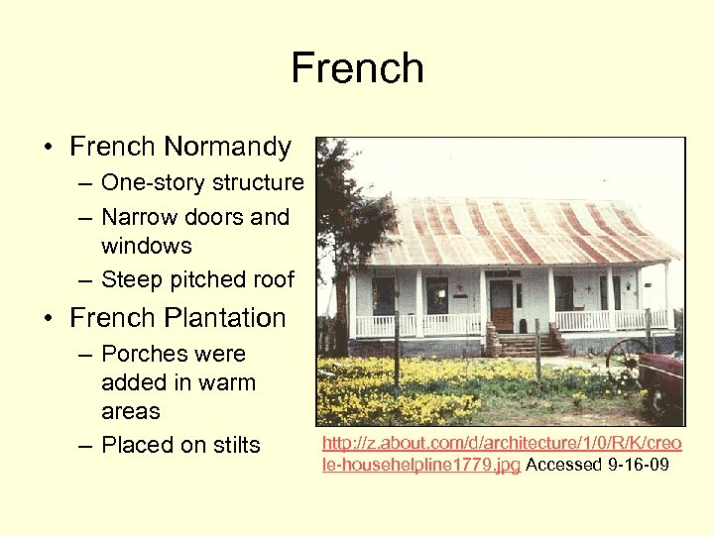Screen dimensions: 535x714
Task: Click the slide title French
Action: coord(357,69)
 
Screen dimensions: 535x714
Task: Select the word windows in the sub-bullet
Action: coord(146,246)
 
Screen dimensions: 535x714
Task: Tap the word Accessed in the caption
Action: coord(564,464)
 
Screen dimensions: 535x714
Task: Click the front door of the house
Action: coord(501,305)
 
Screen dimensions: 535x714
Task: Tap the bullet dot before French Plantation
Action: coord(49,319)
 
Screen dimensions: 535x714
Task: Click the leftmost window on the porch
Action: coord(384,295)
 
